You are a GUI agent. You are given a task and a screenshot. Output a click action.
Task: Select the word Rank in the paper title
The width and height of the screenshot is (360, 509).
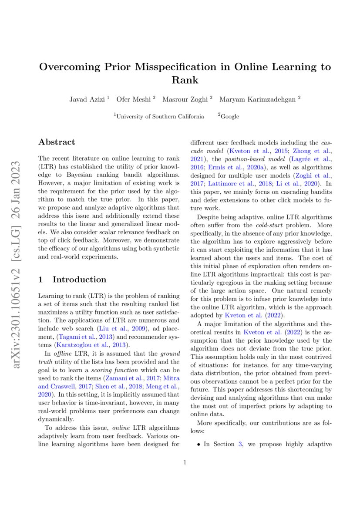185,80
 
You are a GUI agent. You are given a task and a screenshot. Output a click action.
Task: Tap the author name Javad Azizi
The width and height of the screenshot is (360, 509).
87,99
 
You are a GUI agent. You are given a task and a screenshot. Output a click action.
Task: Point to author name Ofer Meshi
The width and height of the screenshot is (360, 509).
134,99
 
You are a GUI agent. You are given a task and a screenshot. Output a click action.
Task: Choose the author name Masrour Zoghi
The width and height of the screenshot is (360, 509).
185,99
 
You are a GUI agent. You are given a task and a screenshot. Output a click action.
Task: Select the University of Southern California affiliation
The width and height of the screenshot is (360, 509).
160,116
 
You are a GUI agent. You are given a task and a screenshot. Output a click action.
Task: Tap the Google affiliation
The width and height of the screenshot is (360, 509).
229,116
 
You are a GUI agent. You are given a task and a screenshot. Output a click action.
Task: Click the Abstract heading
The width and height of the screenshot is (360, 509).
57,142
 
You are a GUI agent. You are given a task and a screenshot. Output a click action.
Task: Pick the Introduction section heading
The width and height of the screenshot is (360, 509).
79,280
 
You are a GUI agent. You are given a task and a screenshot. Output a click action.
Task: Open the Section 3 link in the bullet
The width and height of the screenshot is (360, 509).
239,445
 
